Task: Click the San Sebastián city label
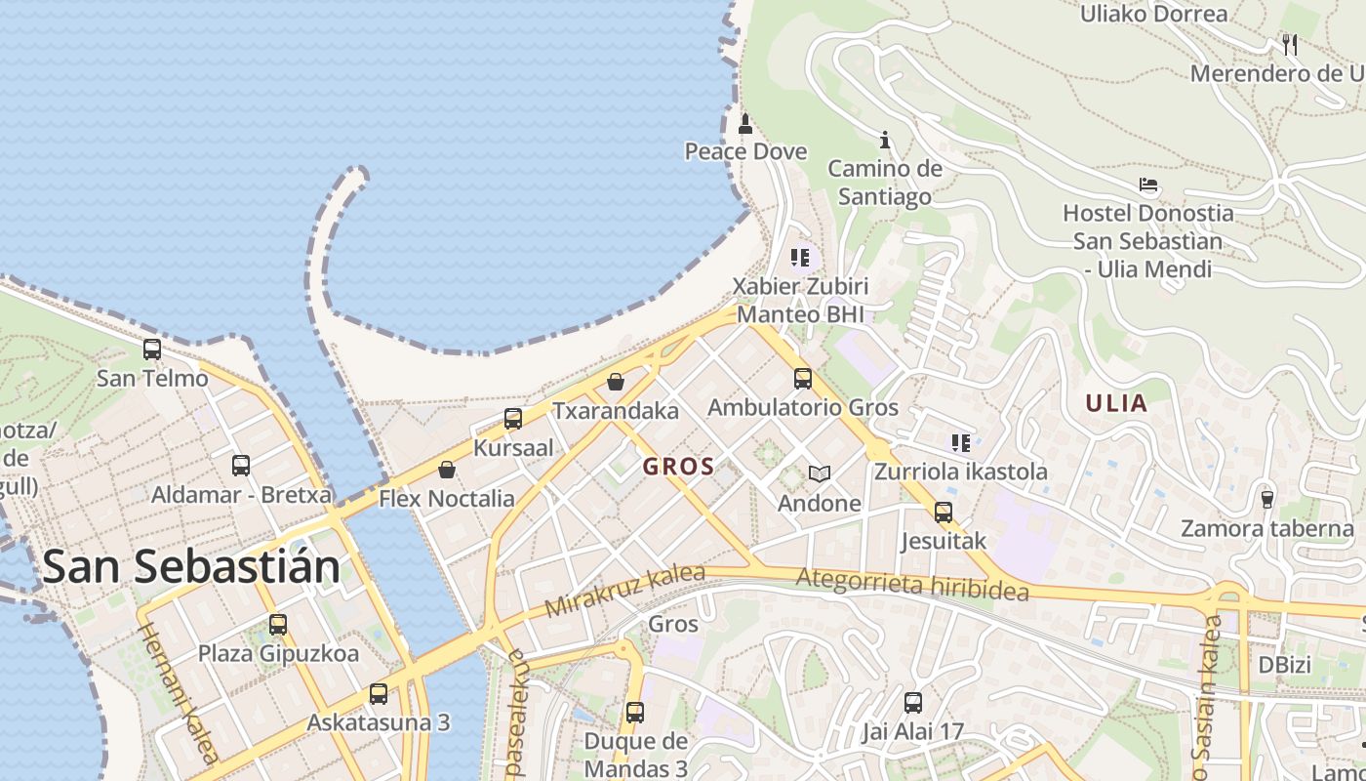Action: pyautogui.click(x=191, y=566)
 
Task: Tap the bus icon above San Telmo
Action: pyautogui.click(x=152, y=349)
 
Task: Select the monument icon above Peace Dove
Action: pyautogui.click(x=745, y=123)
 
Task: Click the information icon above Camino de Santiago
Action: pyautogui.click(x=885, y=140)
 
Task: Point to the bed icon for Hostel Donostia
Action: pyautogui.click(x=1148, y=185)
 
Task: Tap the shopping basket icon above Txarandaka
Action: pyautogui.click(x=616, y=382)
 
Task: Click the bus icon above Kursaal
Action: pyautogui.click(x=513, y=419)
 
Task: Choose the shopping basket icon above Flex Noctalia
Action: pyautogui.click(x=447, y=470)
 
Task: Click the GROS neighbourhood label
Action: pyautogui.click(x=678, y=467)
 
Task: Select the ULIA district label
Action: pyautogui.click(x=1116, y=404)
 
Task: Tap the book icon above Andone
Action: pyautogui.click(x=820, y=474)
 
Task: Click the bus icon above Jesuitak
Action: pyautogui.click(x=943, y=512)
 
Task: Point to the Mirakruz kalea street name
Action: pyautogui.click(x=624, y=590)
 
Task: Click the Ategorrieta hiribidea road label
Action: pyautogui.click(x=912, y=585)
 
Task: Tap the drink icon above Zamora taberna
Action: pyautogui.click(x=1267, y=499)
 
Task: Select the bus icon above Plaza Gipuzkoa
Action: pyautogui.click(x=278, y=624)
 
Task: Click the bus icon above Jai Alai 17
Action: pyautogui.click(x=912, y=702)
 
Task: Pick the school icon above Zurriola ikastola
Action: pyautogui.click(x=961, y=443)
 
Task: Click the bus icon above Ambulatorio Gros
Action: pyautogui.click(x=803, y=379)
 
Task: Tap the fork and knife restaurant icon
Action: pyautogui.click(x=1290, y=44)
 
